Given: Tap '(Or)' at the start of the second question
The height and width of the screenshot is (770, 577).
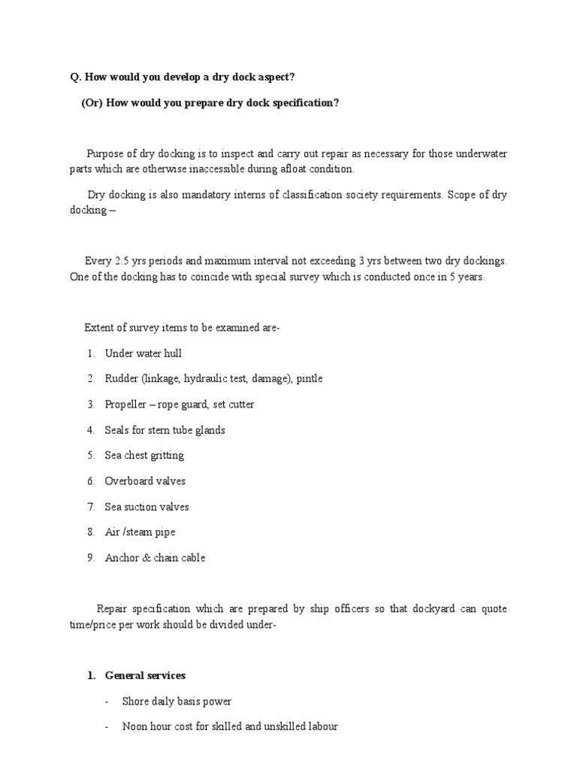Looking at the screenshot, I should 93,103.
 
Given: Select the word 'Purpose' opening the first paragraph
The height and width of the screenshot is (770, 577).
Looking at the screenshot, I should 105,154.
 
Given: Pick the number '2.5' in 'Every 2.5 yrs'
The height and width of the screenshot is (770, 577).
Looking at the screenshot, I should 122,261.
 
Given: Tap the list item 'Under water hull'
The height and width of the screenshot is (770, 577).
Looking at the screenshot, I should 143,353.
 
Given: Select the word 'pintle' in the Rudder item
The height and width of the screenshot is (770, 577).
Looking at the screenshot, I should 310,379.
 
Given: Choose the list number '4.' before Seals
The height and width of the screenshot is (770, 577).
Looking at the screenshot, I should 90,430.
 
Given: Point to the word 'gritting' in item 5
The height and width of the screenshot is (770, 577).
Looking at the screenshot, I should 166,456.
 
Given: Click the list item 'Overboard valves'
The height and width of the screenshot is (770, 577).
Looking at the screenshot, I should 145,481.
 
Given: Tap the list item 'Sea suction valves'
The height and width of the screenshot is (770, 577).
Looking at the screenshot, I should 147,507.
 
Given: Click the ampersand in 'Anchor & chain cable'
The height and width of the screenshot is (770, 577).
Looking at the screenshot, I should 144,558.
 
